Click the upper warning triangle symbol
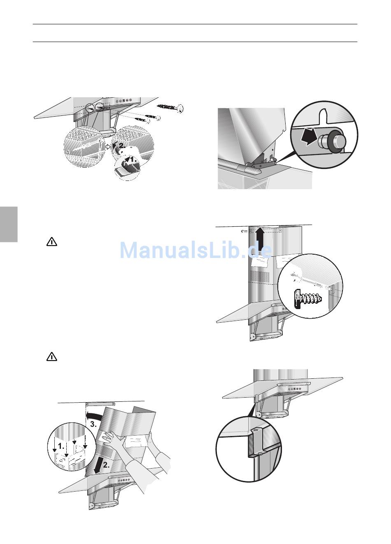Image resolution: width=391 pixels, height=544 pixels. (x=51, y=242)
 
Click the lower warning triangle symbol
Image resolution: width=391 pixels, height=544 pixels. (x=51, y=357)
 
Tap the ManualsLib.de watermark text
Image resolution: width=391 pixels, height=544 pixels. (x=195, y=250)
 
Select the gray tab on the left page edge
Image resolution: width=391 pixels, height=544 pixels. (x=9, y=225)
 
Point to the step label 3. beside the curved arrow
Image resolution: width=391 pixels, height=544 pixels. (x=93, y=424)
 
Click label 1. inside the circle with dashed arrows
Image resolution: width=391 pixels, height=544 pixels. (x=61, y=446)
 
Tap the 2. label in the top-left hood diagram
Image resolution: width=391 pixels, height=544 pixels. (x=122, y=145)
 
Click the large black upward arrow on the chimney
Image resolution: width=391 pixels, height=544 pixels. (x=260, y=241)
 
